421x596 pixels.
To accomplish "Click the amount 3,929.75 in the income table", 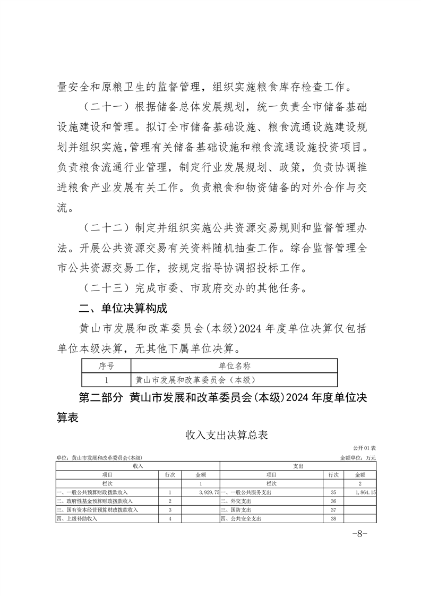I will coord(204,492).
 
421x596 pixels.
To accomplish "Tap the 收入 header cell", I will coord(138,465).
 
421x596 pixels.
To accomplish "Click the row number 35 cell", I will coord(334,492).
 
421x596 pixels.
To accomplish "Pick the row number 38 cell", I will coord(334,518).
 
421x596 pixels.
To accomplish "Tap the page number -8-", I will coord(360,534).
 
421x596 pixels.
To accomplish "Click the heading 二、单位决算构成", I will coord(123,308).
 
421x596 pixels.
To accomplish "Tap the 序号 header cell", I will coord(106,365).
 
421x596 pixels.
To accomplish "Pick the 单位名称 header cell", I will coord(234,365).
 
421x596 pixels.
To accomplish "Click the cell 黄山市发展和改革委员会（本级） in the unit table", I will coord(196,379).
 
